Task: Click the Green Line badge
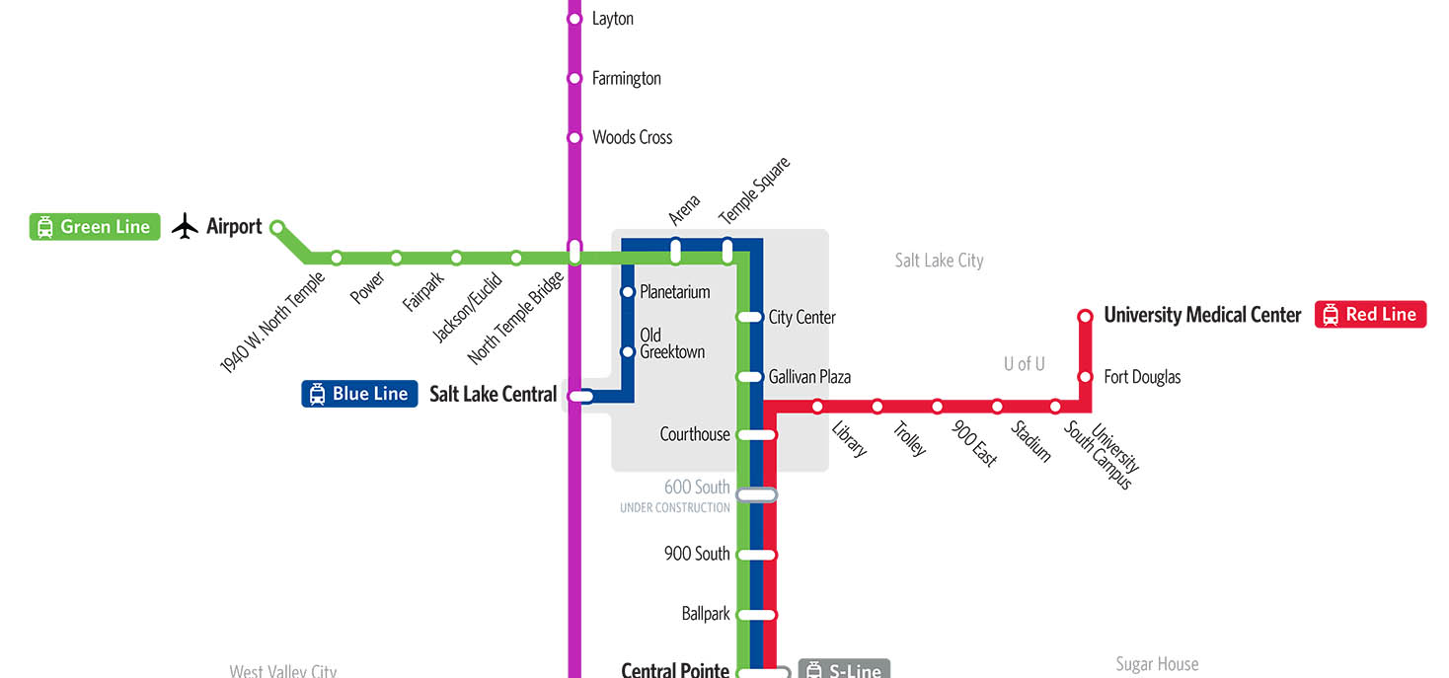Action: tap(95, 227)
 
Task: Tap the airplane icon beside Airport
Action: tap(185, 227)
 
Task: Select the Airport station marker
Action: tap(277, 227)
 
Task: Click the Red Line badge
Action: tap(1370, 315)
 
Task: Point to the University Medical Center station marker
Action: tap(1085, 316)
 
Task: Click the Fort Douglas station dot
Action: tap(1085, 377)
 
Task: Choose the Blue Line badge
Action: tap(359, 394)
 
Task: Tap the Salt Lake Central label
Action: tap(493, 395)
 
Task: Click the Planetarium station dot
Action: tap(627, 292)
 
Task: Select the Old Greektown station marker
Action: tap(627, 352)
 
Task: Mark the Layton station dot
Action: tap(574, 19)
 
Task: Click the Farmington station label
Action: tap(626, 79)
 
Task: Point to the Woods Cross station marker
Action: tap(574, 138)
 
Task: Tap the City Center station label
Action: tap(801, 318)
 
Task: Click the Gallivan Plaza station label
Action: tap(809, 377)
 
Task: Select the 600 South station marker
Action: tap(757, 494)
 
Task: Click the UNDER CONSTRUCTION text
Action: tap(674, 508)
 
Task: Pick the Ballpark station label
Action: tap(706, 614)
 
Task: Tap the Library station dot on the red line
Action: tap(817, 407)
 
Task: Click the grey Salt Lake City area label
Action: tap(939, 261)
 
